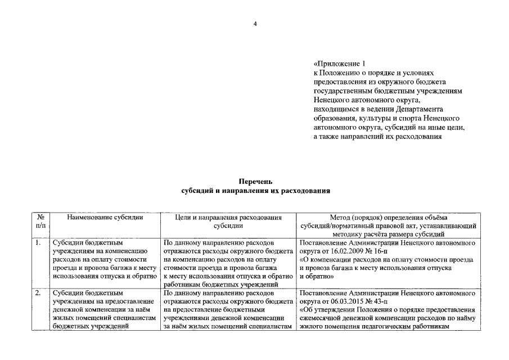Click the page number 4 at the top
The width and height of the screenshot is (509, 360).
point(255,24)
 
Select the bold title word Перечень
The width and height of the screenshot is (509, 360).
point(255,182)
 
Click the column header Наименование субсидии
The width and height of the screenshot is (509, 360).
point(105,217)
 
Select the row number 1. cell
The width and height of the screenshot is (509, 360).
point(38,243)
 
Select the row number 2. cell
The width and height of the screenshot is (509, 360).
point(38,293)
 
